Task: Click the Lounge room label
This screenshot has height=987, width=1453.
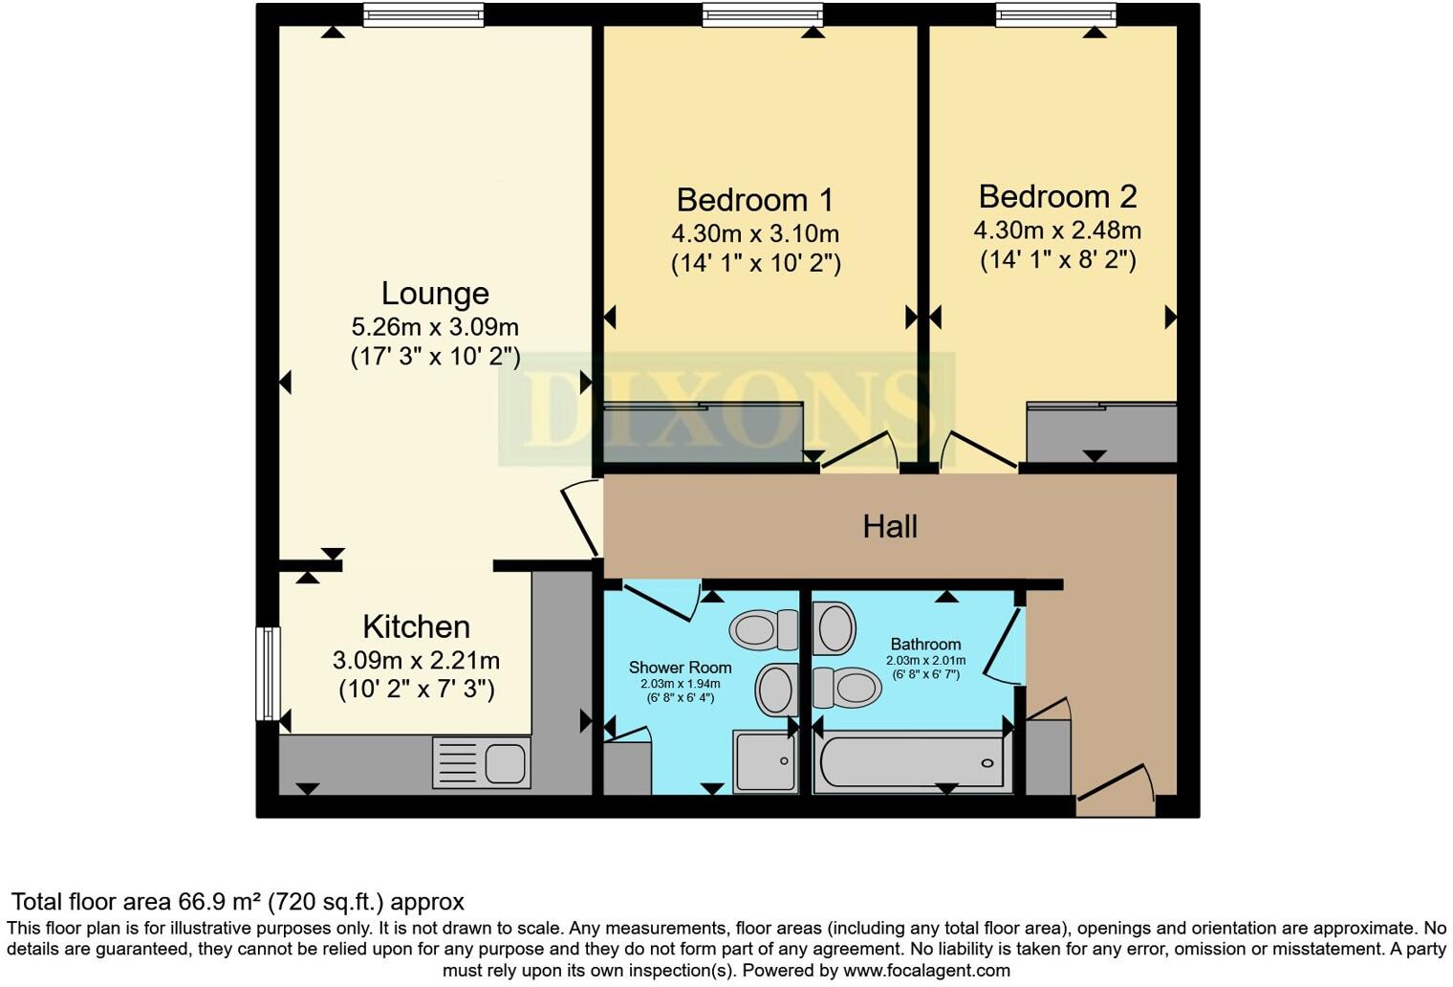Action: tap(435, 294)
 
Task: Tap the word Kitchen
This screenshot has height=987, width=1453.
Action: tap(416, 627)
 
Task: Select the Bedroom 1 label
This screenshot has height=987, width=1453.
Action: tap(754, 200)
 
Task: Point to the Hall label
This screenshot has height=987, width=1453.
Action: tap(890, 526)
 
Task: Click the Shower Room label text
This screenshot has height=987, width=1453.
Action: tap(680, 668)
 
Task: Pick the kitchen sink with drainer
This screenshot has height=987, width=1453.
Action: tap(481, 762)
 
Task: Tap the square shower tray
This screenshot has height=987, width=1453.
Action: tap(765, 761)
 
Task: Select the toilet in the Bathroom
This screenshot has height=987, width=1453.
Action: tap(847, 687)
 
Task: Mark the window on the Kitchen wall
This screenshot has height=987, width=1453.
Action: tap(269, 672)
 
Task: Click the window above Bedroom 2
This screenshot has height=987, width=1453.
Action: tap(1055, 14)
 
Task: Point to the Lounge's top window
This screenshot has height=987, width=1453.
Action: tap(423, 14)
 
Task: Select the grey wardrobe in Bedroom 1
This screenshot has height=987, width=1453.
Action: tap(703, 433)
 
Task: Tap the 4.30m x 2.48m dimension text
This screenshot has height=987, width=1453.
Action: tap(1057, 230)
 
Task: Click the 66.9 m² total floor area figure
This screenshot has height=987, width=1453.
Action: tap(220, 902)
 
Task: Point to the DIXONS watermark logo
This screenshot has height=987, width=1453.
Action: tap(726, 409)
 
